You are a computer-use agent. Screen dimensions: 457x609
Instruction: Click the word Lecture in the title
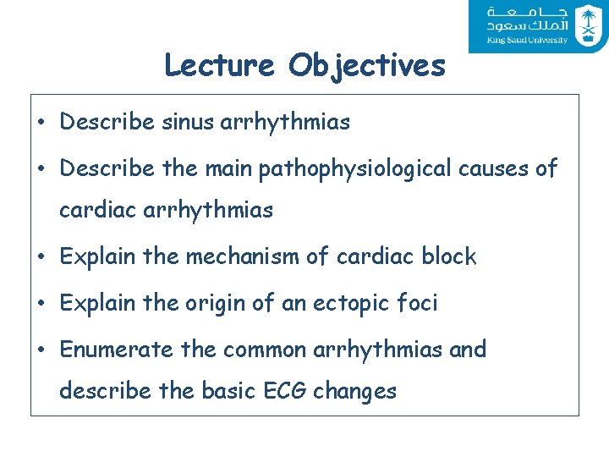coord(220,65)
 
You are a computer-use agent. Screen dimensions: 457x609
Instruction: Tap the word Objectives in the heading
coord(366,66)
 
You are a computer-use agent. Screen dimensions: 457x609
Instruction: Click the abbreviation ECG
coord(280,391)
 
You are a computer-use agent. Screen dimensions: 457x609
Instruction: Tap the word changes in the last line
coord(354,392)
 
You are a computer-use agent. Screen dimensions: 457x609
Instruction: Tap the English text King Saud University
coord(526,40)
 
